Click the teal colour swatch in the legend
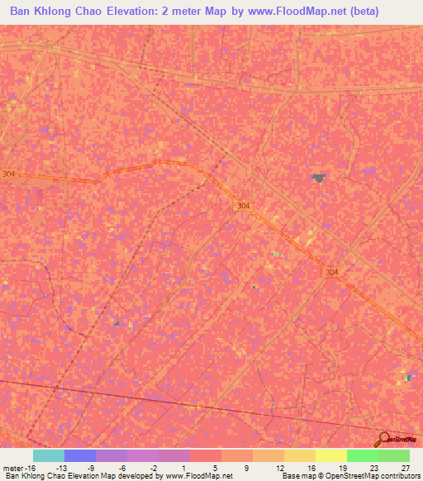[49, 455]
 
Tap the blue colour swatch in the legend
[80, 455]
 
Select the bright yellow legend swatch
[331, 455]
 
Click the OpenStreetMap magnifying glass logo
[384, 440]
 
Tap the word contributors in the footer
[396, 476]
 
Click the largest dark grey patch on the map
[318, 178]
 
